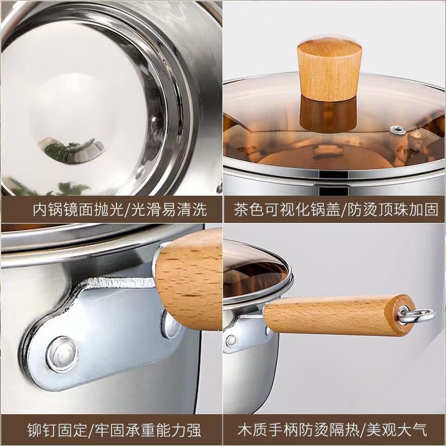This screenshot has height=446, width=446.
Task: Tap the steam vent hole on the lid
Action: click(x=397, y=130)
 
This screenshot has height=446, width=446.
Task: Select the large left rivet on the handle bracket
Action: click(x=62, y=355)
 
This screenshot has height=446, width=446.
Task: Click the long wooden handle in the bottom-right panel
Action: click(x=335, y=315)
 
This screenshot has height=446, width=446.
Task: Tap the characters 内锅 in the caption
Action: click(x=47, y=210)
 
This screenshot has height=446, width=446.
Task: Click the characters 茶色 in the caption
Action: click(x=249, y=210)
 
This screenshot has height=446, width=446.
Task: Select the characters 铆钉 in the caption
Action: click(x=42, y=430)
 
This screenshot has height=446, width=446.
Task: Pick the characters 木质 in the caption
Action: click(x=253, y=430)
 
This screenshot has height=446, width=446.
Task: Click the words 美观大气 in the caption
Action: click(x=397, y=430)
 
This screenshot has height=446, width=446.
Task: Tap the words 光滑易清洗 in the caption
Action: click(x=169, y=210)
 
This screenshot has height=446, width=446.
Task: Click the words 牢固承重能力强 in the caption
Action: click(x=148, y=430)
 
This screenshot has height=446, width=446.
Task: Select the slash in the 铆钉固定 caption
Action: click(x=91, y=430)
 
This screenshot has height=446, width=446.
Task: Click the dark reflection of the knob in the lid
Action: click(x=328, y=114)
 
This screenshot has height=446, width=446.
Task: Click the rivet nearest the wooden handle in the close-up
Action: click(x=171, y=324)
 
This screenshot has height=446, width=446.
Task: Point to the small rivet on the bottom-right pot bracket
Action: click(x=231, y=340)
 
